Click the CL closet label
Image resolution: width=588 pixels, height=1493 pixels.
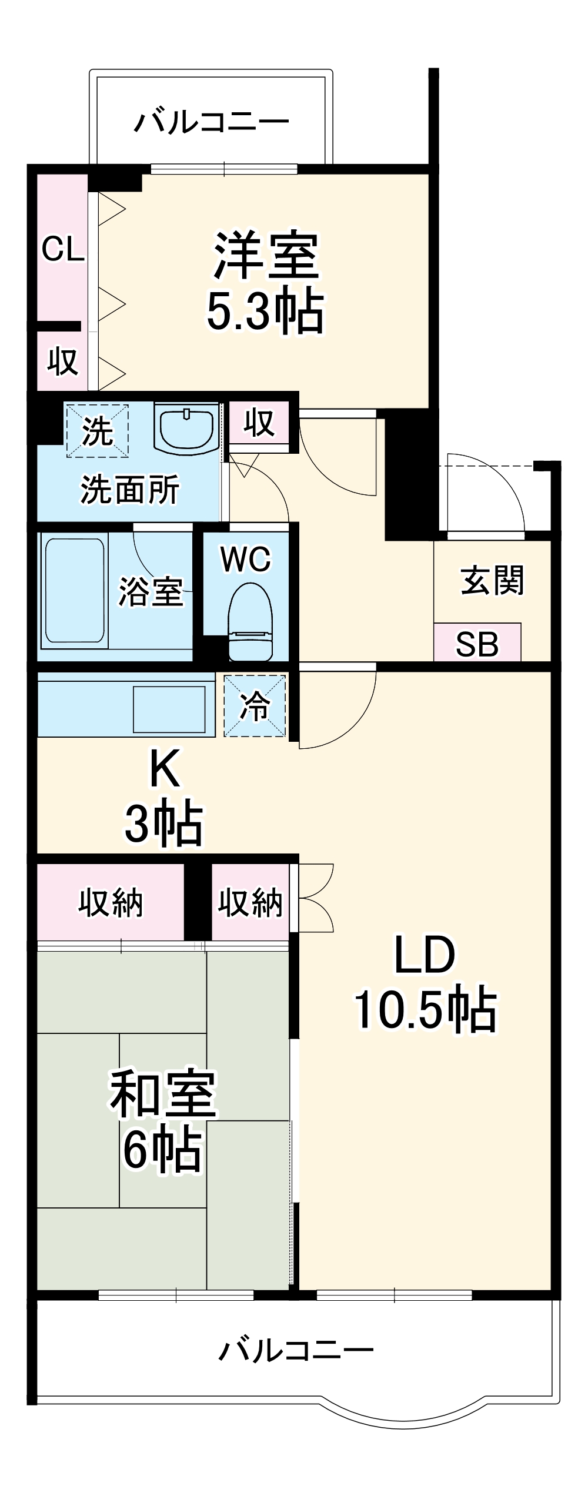click(63, 250)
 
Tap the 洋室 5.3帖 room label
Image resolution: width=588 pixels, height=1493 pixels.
click(266, 282)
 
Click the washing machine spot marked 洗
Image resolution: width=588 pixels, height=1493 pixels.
click(97, 431)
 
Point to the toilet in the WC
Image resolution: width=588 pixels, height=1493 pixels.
click(250, 623)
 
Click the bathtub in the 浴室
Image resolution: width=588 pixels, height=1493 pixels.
click(75, 590)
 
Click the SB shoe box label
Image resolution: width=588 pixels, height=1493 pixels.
click(477, 644)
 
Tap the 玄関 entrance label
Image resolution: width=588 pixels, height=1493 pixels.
click(492, 580)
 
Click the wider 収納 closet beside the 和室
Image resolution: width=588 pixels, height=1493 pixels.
click(111, 902)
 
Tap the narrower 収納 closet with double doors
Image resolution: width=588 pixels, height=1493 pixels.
click(250, 902)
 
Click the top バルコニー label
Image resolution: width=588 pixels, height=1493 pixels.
click(212, 122)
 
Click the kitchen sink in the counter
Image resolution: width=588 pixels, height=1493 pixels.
click(169, 708)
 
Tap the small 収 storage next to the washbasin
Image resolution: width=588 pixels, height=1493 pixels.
click(259, 422)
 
